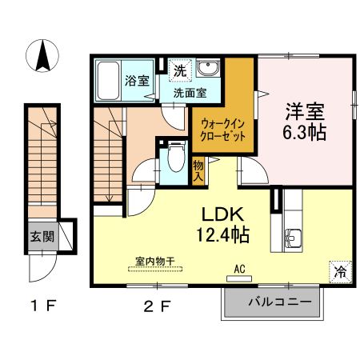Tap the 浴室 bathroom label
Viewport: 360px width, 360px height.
pos(137,80)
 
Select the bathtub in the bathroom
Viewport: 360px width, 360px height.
pos(108,81)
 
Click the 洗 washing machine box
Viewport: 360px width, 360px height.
pos(180,70)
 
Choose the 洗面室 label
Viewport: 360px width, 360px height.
pos(190,92)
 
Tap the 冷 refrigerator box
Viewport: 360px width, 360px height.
pos(340,270)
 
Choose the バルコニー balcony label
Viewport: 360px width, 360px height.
pos(276,302)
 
